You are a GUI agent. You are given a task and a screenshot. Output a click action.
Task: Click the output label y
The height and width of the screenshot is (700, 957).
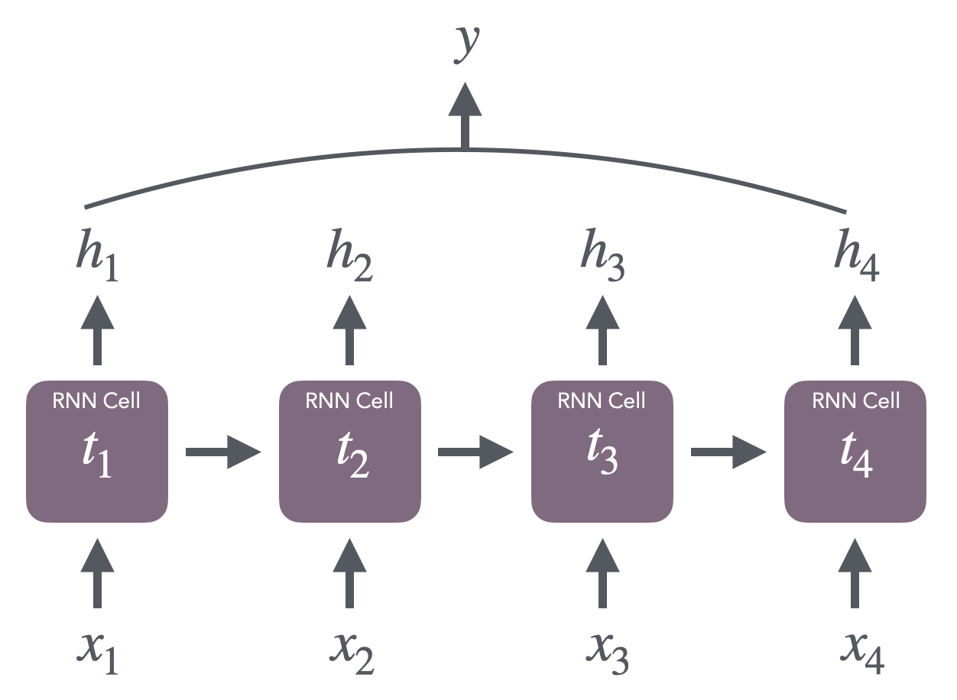point(464,44)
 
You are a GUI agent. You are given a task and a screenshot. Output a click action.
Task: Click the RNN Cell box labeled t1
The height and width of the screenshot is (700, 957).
point(96,452)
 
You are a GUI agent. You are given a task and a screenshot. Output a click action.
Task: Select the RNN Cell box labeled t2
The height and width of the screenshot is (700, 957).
point(349,452)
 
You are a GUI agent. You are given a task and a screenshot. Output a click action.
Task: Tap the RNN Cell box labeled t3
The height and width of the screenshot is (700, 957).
point(602,452)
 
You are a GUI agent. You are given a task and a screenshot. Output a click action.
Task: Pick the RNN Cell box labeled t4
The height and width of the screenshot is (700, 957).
point(855,452)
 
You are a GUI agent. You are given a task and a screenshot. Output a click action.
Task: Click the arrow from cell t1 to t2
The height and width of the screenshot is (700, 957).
point(223,452)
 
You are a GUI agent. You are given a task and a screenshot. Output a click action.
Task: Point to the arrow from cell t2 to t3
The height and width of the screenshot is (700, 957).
point(475,452)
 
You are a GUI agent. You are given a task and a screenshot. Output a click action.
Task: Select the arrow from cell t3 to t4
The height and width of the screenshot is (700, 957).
point(728,452)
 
